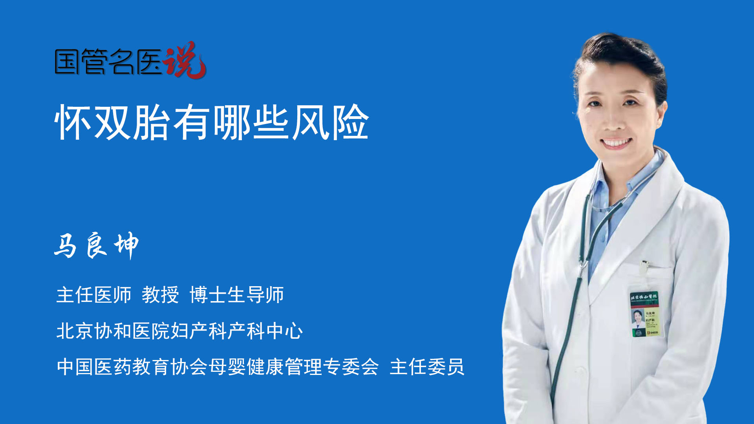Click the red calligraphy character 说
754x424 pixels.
click(185, 60)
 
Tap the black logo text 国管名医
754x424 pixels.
click(108, 62)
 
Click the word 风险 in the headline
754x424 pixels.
click(330, 122)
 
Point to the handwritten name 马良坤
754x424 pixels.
click(96, 245)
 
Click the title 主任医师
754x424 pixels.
click(94, 295)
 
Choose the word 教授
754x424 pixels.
click(160, 295)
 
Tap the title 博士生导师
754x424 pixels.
click(237, 295)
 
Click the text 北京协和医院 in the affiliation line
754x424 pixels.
click(113, 331)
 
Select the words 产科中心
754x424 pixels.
click(265, 331)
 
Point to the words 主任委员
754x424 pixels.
click(427, 367)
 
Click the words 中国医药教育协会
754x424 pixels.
click(132, 367)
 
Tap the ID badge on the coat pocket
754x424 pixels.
click(645, 314)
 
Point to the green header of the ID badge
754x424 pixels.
click(644, 297)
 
